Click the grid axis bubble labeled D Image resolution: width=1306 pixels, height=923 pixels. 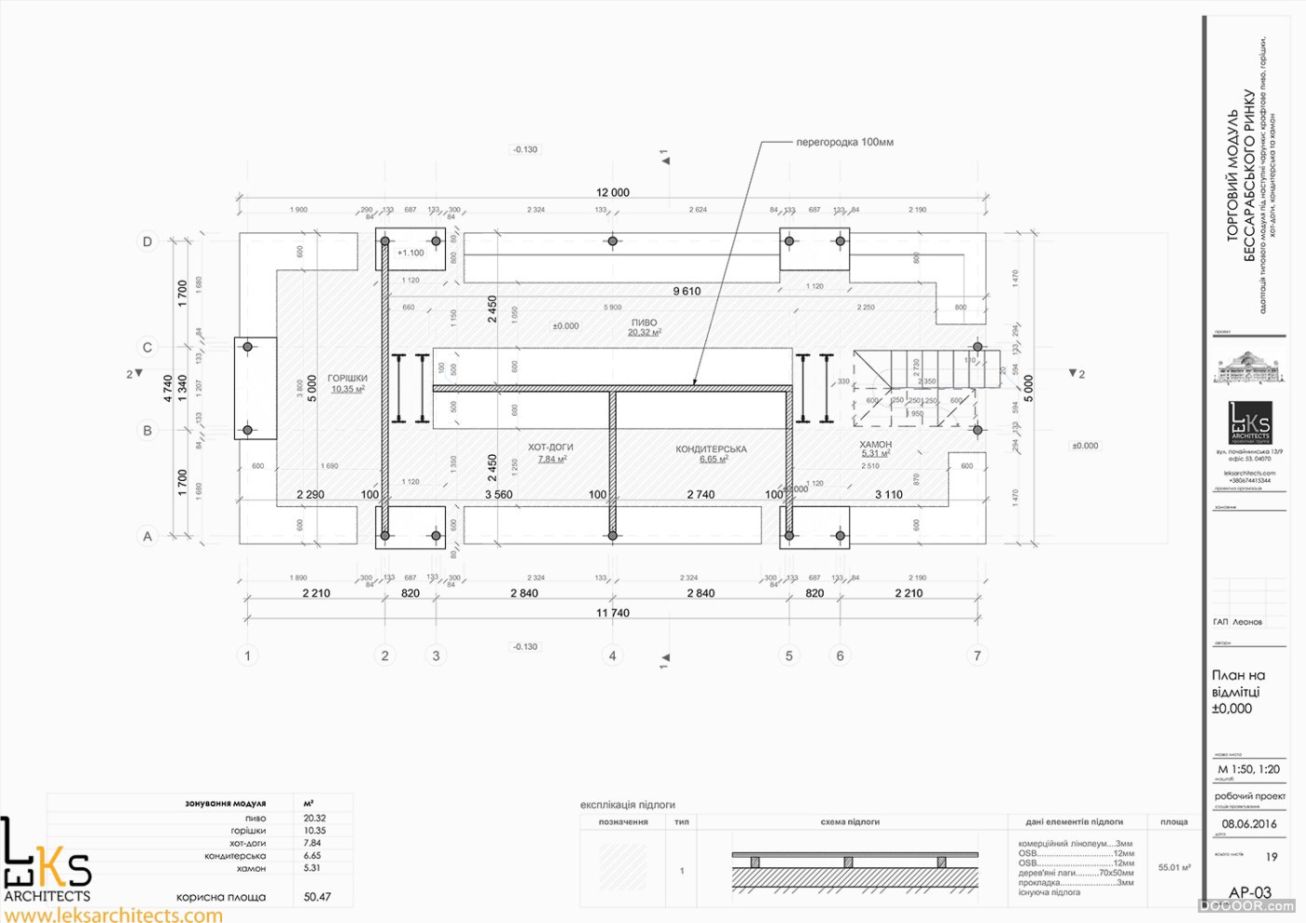coord(147,241)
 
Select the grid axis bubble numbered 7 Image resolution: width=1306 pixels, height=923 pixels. coord(978,655)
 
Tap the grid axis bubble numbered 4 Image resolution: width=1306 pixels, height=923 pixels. coord(612,655)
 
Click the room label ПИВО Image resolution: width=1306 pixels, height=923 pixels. coord(644,323)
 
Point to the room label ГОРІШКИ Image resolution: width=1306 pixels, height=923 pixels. coord(347,379)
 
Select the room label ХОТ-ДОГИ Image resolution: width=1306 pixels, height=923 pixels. coord(550,448)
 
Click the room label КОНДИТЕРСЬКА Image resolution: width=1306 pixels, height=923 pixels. coord(711,449)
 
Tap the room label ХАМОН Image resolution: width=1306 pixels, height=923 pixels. coord(875,445)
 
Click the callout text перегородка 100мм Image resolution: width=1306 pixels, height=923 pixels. coord(844,143)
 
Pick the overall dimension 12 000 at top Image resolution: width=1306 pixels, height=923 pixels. coord(613,193)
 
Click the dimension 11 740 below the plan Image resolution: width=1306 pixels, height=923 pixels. coord(613,613)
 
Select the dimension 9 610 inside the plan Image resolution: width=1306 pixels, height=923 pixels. coord(687,291)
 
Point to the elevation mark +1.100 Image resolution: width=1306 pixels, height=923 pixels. coord(410,253)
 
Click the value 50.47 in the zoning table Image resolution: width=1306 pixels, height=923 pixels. coord(317,897)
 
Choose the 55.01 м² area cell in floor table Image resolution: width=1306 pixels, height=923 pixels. coord(1174,867)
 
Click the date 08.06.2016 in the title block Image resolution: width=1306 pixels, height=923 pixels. coord(1249,824)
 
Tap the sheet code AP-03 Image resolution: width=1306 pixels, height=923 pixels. coord(1250,892)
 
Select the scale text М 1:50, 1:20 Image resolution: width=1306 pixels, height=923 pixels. coord(1248,769)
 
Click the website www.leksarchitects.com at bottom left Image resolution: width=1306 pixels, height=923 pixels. coord(114,915)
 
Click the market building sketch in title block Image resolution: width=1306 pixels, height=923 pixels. coord(1248,368)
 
